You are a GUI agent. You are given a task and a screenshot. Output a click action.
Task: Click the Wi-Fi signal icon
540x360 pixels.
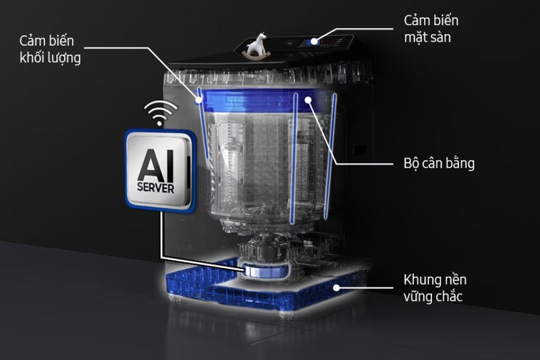(159, 113)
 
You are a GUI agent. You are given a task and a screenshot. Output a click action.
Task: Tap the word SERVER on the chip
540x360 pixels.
(156, 188)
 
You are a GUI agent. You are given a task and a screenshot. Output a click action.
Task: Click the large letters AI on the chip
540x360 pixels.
(156, 165)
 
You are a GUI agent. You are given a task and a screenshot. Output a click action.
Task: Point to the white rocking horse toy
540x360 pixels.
(256, 45)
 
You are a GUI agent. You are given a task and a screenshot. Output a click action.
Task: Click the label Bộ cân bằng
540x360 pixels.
(439, 163)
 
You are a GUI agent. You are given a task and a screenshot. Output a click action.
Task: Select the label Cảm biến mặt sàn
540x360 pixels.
(431, 28)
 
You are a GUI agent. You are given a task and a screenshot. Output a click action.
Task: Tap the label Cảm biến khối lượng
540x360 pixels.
(50, 49)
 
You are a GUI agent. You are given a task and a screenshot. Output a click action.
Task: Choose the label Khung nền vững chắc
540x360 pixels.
(435, 288)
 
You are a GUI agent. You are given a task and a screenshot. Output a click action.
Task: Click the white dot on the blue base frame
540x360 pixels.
(336, 287)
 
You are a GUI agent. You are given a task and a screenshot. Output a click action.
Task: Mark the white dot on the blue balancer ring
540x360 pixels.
(308, 100)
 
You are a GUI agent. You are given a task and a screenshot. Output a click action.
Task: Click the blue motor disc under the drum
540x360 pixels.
(265, 269)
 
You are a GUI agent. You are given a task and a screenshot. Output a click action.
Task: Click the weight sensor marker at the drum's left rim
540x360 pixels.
(198, 100)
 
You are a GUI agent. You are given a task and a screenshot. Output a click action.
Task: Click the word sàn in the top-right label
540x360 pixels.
(439, 37)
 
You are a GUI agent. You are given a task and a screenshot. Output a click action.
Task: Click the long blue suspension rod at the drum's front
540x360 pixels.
(294, 159)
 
